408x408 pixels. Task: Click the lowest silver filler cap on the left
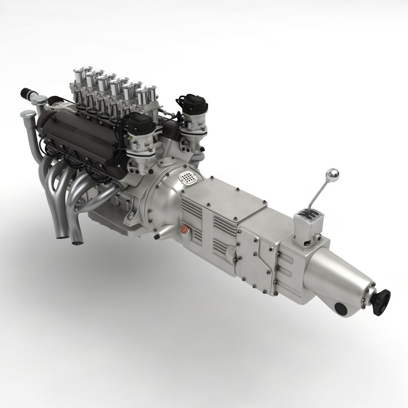click(27, 114)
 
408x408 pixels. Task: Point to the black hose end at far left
click(26, 92)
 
